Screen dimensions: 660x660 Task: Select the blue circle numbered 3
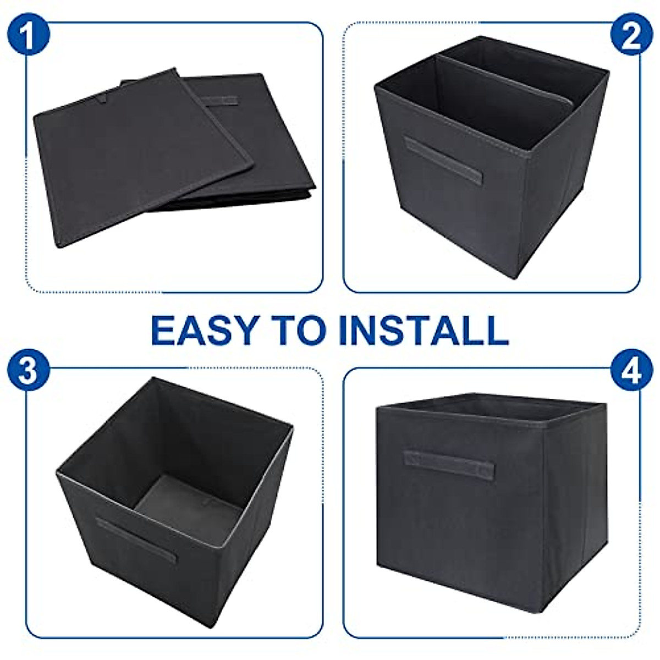(29, 372)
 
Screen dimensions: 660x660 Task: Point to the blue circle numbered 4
(631, 372)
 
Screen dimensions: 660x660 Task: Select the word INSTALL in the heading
(424, 330)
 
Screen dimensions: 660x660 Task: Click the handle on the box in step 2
(443, 162)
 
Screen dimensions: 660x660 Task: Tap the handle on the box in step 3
(136, 539)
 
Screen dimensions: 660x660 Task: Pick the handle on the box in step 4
(448, 465)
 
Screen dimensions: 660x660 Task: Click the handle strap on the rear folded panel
(219, 102)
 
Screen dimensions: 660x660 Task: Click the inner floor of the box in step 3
(187, 503)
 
